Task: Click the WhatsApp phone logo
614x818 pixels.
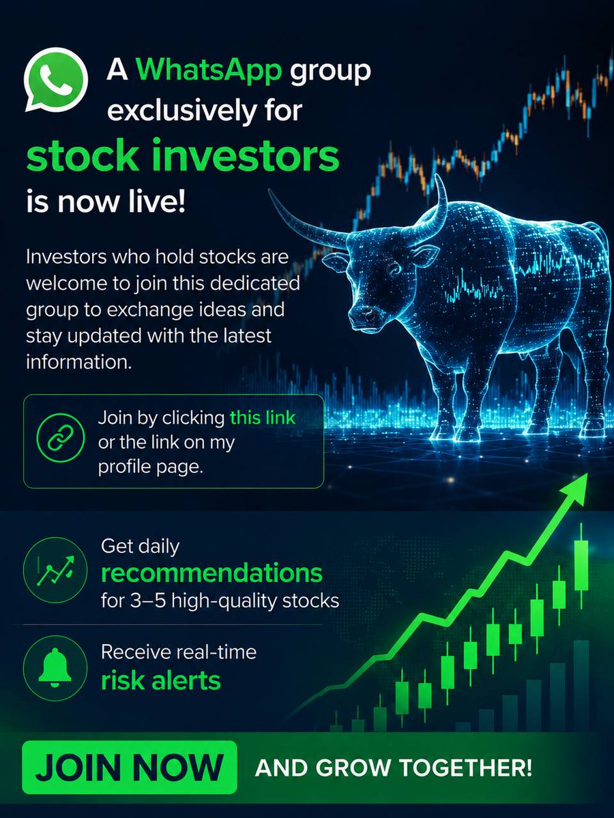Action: [57, 79]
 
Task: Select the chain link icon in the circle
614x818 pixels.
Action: [61, 438]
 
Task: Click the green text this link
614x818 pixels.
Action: [263, 418]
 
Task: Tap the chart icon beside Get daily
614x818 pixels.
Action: [55, 570]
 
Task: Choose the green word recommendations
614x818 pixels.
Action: [211, 573]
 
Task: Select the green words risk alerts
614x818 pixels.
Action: [161, 680]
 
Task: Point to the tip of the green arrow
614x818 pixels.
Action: [587, 474]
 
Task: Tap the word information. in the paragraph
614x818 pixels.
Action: [78, 362]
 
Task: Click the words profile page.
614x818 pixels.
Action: [151, 467]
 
